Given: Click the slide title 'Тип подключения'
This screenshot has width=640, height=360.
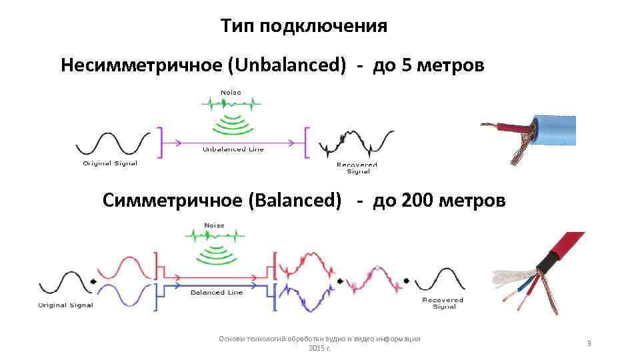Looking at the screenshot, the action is (303, 26).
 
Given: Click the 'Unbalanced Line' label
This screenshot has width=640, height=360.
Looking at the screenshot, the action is (233, 149).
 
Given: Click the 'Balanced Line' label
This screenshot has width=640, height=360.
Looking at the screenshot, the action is (217, 293).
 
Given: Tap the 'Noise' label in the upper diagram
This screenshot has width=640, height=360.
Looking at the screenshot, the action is (231, 93).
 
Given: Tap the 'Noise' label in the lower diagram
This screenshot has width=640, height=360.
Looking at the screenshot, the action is (214, 225).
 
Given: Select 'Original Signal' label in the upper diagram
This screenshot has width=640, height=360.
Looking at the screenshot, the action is (110, 163).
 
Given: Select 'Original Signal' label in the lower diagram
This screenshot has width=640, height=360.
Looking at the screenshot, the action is (65, 305).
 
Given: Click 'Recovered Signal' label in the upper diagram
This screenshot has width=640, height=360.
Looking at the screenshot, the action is (357, 167).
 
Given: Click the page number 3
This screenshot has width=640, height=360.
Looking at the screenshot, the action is (589, 343).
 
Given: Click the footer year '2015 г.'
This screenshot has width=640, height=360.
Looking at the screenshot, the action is (320, 349).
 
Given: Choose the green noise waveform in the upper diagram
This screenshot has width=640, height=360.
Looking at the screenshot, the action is (231, 104).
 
